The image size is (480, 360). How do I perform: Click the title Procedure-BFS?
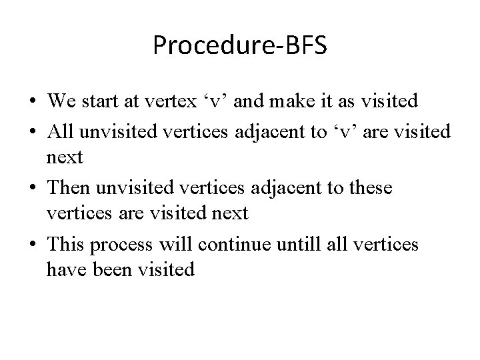point(239,45)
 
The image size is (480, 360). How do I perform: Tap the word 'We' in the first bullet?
point(60,101)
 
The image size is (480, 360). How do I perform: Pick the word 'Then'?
point(65,189)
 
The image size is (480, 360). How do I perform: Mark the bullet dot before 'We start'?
point(33,102)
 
